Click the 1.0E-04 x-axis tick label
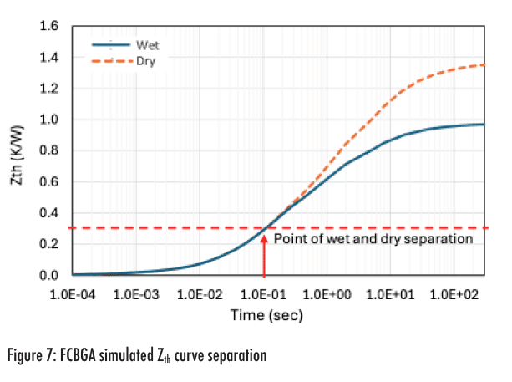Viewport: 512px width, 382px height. point(72,295)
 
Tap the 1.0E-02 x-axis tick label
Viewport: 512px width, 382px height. point(200,295)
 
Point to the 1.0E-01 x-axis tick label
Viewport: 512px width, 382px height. point(264,295)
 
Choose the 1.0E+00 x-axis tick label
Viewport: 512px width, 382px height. point(329,295)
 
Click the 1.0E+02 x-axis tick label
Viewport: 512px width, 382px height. point(457,295)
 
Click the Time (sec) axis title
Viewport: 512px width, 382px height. point(266,315)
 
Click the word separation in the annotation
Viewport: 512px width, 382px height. point(444,239)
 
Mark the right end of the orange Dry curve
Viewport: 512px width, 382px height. point(484,64)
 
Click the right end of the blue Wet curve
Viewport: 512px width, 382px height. point(484,125)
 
